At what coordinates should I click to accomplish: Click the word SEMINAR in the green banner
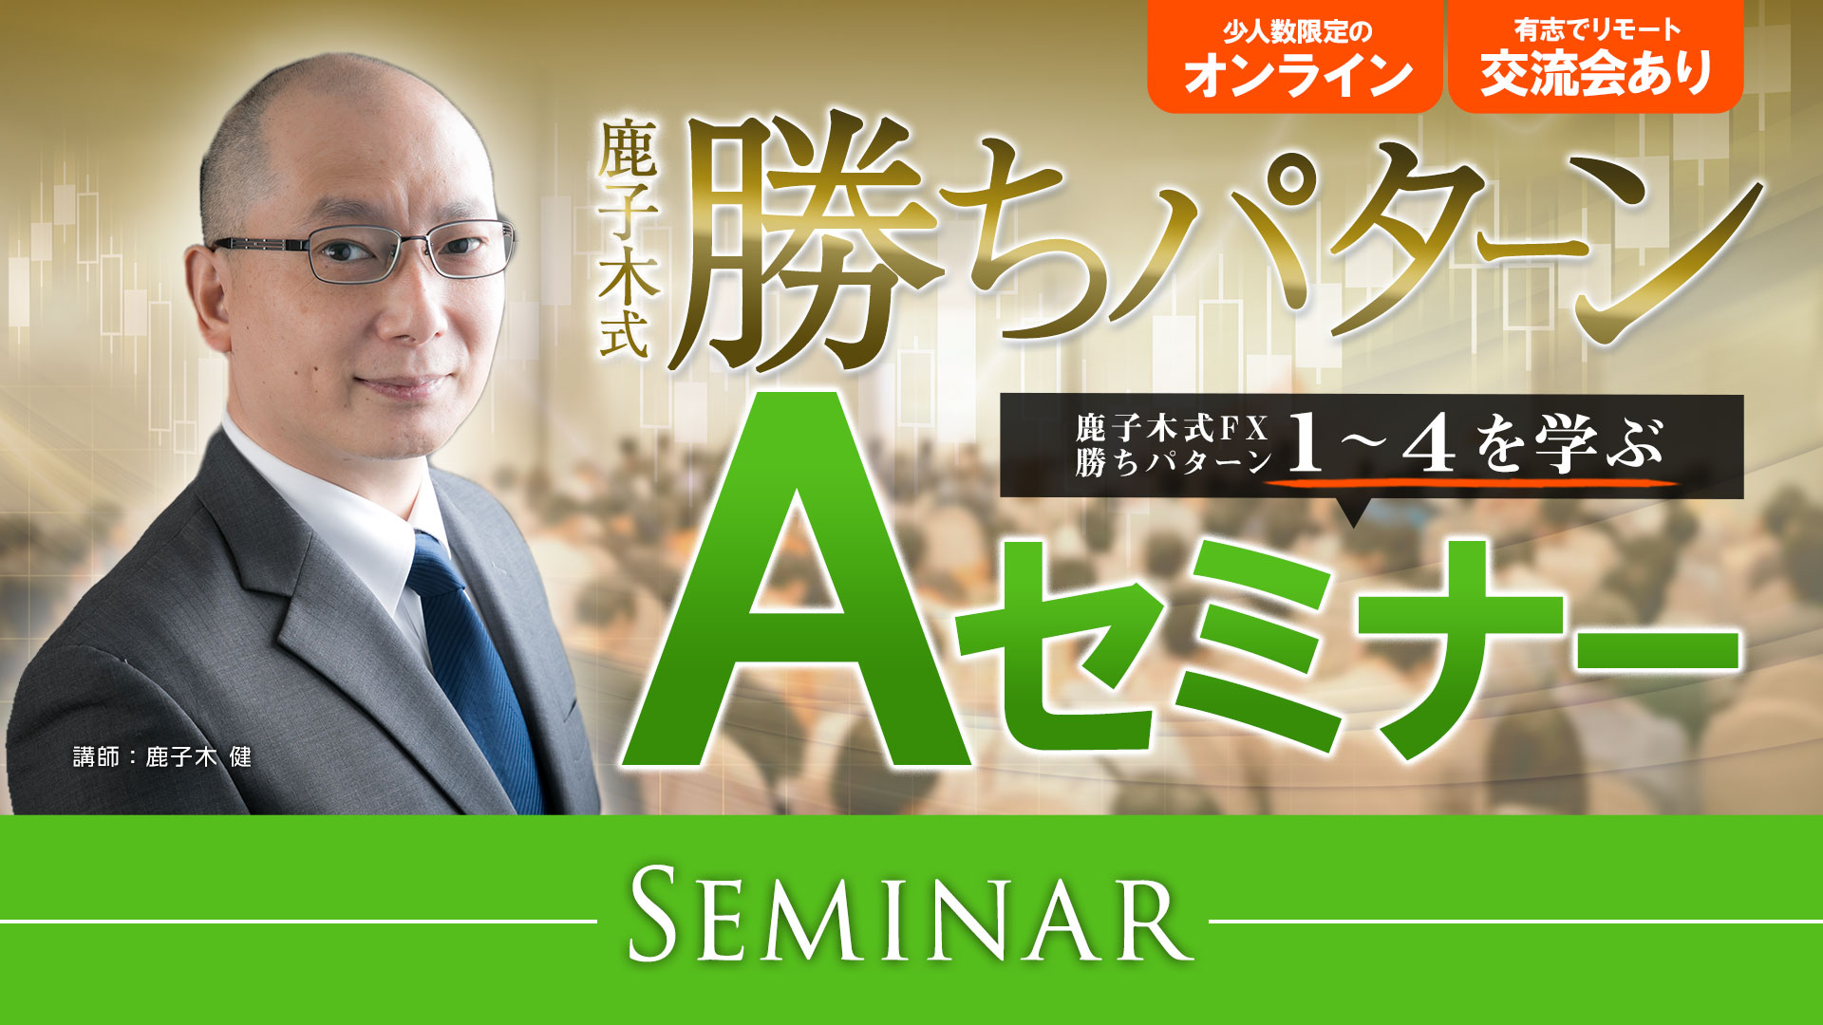(x=911, y=920)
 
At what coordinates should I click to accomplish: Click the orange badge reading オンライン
(x=1295, y=57)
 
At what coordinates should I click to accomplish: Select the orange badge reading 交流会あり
(x=1596, y=57)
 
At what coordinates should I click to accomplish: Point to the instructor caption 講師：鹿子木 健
(x=162, y=756)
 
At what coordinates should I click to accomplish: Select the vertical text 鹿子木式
(x=626, y=241)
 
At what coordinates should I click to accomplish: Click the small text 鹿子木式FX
(x=1172, y=428)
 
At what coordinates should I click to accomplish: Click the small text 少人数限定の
(x=1296, y=31)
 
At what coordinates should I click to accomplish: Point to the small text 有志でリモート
(x=1597, y=30)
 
